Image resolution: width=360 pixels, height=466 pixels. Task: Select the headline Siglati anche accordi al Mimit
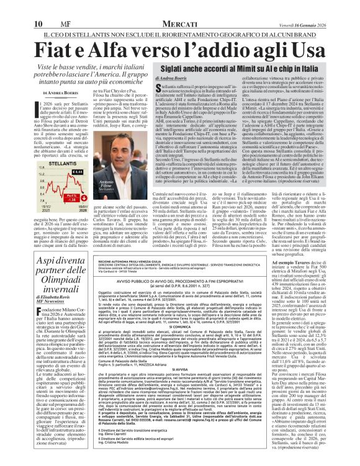[230, 65]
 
